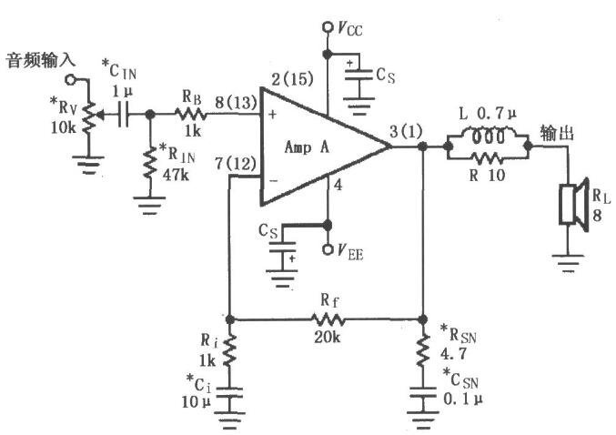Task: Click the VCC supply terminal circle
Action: coord(327,27)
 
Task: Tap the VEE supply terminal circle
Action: coord(327,249)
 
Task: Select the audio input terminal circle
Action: coord(70,80)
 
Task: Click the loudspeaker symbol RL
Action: coord(574,205)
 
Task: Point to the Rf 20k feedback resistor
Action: coord(328,319)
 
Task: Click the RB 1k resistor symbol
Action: coord(190,114)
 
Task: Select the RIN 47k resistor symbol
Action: coord(150,163)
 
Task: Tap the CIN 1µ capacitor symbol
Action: coord(124,115)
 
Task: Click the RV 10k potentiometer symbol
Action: coord(89,116)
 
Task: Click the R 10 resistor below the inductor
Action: coord(487,158)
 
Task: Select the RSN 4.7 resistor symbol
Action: coord(423,350)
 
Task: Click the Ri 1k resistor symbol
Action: coord(230,350)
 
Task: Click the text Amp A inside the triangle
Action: coord(307,147)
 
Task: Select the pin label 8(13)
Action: coord(236,103)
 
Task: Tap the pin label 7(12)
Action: coord(236,164)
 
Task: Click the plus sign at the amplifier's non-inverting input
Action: coord(273,115)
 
